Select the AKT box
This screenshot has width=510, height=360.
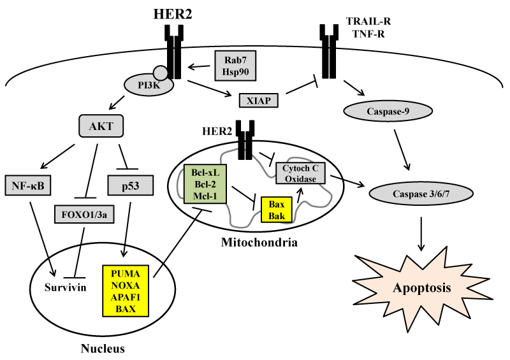point(101,126)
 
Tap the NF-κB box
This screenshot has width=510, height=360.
point(30,185)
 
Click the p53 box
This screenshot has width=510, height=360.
point(135,185)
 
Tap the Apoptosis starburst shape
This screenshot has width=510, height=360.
point(422,287)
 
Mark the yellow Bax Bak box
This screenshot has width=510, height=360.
point(277,209)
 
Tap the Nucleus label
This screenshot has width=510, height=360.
point(102,349)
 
